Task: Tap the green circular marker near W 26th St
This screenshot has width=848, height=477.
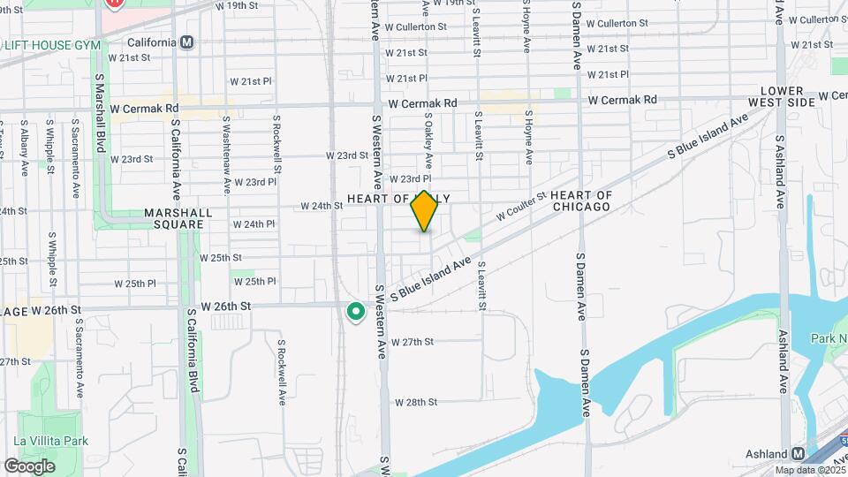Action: click(356, 312)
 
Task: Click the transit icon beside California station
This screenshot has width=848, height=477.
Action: click(186, 42)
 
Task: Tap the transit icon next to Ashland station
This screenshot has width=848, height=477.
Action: click(798, 452)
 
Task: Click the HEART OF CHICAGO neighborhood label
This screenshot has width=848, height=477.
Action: click(580, 201)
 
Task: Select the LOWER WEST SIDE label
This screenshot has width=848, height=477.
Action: click(782, 97)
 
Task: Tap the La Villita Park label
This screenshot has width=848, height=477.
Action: click(50, 440)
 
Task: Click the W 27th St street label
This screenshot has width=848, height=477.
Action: click(413, 341)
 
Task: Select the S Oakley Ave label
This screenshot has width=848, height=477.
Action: click(428, 140)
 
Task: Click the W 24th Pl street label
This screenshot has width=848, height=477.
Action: click(254, 224)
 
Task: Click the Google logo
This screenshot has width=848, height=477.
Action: click(29, 466)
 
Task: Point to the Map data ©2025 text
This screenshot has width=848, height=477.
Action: click(809, 470)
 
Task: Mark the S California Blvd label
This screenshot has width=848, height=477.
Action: click(191, 349)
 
